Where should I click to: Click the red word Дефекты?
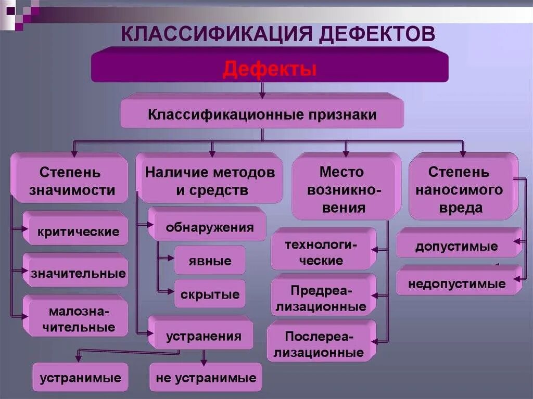click(270, 69)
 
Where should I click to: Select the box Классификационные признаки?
click(262, 114)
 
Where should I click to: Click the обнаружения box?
click(210, 227)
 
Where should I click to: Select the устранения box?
click(204, 336)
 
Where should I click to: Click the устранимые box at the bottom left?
click(80, 378)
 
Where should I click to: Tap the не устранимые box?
click(206, 378)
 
